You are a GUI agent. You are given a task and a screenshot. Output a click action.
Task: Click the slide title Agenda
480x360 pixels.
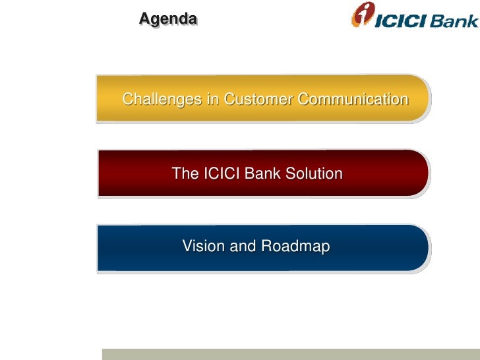pyautogui.click(x=167, y=20)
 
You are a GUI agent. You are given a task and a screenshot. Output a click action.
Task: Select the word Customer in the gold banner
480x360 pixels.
pyautogui.click(x=258, y=100)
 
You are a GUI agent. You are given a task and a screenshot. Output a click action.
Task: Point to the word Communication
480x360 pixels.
pyautogui.click(x=352, y=100)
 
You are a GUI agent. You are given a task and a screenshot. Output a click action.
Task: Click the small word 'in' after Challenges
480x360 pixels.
pyautogui.click(x=212, y=100)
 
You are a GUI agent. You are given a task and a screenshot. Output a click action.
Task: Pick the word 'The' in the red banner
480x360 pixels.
pyautogui.click(x=185, y=174)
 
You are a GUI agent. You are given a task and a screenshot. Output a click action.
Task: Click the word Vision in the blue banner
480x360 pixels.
pyautogui.click(x=202, y=247)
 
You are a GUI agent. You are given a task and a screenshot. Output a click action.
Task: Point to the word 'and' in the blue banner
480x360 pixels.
pyautogui.click(x=242, y=247)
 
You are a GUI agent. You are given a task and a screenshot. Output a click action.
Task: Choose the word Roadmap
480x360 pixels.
pyautogui.click(x=295, y=247)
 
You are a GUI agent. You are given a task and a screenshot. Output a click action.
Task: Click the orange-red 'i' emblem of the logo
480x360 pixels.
pyautogui.click(x=362, y=15)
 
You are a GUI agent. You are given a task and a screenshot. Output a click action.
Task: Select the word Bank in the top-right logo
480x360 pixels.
pyautogui.click(x=454, y=20)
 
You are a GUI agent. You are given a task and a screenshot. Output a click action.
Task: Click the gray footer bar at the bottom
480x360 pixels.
pyautogui.click(x=290, y=354)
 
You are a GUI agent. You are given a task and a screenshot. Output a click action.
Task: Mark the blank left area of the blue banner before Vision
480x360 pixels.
pyautogui.click(x=135, y=247)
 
